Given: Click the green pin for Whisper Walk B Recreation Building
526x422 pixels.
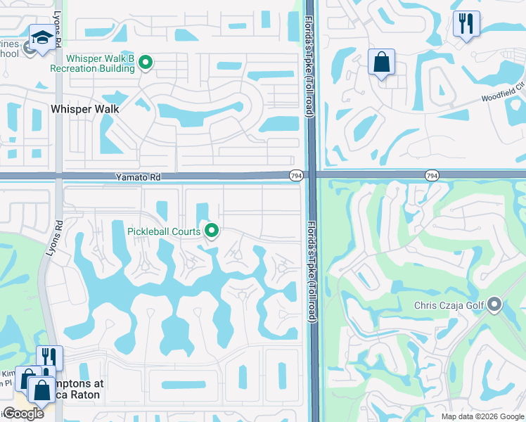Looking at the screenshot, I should tap(146, 63).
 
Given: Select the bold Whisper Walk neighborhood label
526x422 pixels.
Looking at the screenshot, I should tap(84, 109).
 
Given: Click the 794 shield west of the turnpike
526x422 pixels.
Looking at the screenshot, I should tap(297, 175).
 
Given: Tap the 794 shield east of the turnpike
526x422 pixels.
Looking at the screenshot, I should tap(432, 175).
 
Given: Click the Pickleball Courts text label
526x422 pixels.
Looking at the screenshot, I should tap(164, 231).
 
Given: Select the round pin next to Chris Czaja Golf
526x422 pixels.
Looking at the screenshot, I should tap(494, 305).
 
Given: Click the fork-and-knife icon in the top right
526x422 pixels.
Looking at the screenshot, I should tap(466, 25).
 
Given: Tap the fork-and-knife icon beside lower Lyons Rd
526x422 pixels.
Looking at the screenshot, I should tap(49, 357).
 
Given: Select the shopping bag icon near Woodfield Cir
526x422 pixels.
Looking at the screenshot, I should tap(381, 61).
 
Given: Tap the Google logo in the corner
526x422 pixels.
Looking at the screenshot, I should tap(23, 414).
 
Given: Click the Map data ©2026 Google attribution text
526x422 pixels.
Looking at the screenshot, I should tap(482, 416).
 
